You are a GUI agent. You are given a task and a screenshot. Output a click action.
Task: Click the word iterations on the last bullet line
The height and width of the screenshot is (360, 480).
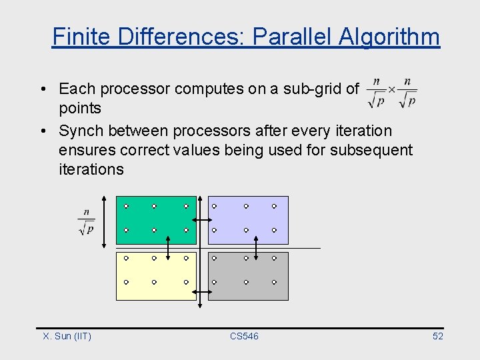coord(91,169)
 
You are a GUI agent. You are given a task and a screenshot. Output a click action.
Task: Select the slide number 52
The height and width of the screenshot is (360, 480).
coord(437,336)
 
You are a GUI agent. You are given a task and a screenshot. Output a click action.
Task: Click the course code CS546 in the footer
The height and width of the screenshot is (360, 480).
coord(244,336)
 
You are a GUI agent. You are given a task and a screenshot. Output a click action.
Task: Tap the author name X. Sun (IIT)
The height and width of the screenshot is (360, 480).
coord(67,336)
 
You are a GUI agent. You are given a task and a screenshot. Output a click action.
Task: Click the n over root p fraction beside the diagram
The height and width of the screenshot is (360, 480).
coord(86,223)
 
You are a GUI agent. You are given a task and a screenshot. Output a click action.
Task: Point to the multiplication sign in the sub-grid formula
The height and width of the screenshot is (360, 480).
coord(391,89)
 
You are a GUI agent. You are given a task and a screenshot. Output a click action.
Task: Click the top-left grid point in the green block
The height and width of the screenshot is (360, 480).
coord(125,207)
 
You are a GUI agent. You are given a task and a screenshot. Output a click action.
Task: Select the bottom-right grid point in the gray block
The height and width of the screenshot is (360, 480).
coord(274,282)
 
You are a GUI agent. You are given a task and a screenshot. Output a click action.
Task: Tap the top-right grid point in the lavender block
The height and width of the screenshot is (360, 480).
coord(274,207)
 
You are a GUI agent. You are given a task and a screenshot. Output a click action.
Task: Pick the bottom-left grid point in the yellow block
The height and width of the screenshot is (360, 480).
coord(125,282)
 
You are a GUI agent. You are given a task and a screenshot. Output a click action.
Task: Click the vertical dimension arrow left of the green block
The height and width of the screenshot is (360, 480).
coord(104,221)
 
